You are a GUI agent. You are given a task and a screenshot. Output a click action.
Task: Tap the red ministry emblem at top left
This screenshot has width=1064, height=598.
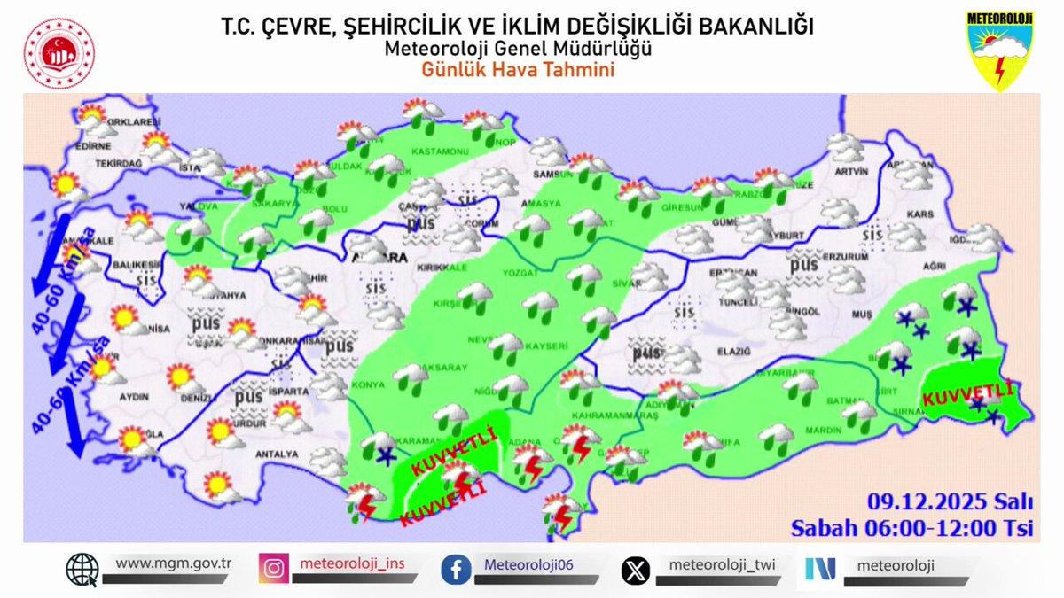click(x=59, y=53)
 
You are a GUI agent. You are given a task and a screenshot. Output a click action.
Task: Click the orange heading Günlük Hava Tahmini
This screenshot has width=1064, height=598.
click(x=518, y=69)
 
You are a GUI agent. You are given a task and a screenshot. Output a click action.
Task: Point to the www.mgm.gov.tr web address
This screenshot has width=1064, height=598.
click(x=173, y=563)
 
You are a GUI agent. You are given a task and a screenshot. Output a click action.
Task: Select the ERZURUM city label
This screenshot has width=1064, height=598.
click(x=843, y=257)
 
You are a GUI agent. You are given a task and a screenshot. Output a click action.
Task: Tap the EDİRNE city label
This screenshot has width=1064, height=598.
click(x=91, y=148)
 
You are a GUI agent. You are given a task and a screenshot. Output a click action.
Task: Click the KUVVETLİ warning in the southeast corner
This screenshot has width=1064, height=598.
click(x=966, y=393)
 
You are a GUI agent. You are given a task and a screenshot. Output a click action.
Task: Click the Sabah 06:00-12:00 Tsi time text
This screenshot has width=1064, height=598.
click(x=912, y=528)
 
